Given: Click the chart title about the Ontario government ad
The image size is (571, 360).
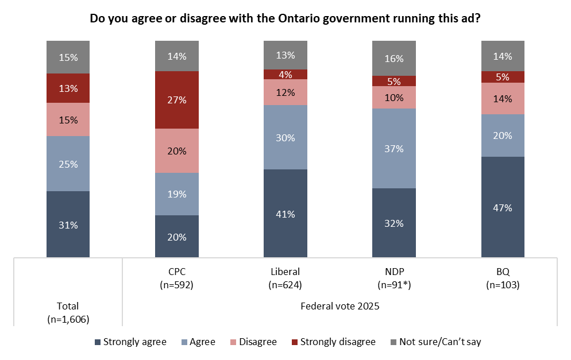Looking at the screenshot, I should coord(285,18).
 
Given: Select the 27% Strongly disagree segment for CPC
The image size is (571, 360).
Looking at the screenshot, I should coord(177,100).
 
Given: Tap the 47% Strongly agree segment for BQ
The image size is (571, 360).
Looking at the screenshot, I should coord(503,207).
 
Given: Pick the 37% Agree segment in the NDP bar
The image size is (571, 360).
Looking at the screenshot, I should coord(394,148).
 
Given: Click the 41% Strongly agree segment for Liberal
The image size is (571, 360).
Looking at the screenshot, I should coord(285,214).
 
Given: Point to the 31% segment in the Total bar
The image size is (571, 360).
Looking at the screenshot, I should coord(68,224).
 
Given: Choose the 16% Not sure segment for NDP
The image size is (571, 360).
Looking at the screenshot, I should coord(394,58).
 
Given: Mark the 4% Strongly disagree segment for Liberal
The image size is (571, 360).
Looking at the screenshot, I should coord(285,74).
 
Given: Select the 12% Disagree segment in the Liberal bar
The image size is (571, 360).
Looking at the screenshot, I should coord(285,92).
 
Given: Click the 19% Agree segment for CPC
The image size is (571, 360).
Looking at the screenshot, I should coord(177,194).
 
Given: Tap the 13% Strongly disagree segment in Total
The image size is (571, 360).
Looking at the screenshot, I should coord(68,88).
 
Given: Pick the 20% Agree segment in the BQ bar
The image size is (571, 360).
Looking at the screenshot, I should coord(503,136).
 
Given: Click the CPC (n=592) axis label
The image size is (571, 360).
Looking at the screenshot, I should coord(177,278).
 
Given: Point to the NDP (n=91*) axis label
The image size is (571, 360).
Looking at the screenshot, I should coord(394,278).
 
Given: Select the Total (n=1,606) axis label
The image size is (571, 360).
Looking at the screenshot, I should coord(68,312).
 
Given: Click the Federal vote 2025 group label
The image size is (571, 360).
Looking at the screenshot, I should coord(340,306).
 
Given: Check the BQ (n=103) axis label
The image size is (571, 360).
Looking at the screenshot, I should coord(503,278).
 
